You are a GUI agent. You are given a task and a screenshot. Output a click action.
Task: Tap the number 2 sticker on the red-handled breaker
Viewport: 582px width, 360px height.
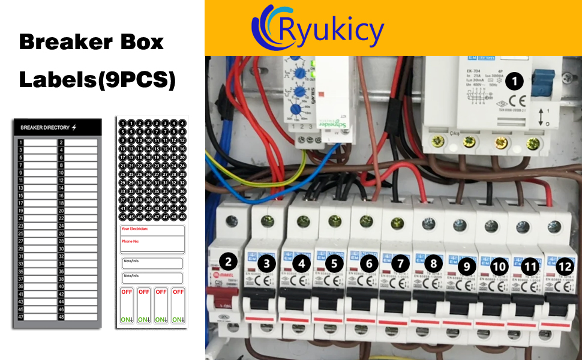tap(227, 260)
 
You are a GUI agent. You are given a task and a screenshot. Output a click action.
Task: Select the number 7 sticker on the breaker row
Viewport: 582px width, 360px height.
tap(401, 263)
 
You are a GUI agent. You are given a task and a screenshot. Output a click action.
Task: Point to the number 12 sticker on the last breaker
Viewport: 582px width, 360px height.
tap(565, 267)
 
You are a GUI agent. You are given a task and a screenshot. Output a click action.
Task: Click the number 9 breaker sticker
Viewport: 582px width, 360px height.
tap(466, 266)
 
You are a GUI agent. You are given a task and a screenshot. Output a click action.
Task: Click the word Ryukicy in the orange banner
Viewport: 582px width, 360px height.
tap(332, 31)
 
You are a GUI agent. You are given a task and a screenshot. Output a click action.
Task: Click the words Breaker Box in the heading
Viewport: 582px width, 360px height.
tap(91, 41)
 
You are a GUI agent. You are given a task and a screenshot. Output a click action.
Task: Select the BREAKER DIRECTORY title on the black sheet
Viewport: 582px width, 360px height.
tap(45, 127)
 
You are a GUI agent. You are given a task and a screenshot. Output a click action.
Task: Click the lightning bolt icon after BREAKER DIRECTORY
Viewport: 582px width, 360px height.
tap(74, 127)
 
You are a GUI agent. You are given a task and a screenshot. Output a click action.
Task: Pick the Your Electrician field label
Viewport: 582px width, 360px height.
tap(134, 229)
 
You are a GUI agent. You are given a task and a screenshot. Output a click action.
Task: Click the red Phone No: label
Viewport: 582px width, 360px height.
tap(131, 241)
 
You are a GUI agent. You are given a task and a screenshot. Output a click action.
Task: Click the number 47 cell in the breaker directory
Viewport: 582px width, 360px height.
tap(20, 316)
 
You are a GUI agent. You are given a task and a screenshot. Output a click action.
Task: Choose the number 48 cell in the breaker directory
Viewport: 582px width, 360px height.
tap(61, 316)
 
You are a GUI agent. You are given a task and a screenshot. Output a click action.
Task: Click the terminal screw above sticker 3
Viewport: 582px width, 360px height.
tap(265, 223)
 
